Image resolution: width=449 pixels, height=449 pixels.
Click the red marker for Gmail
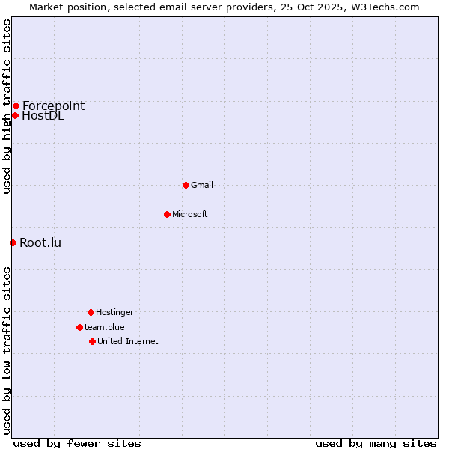click(186, 185)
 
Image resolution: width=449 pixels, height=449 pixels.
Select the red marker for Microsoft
click(167, 214)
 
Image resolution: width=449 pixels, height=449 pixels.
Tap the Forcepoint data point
click(16, 106)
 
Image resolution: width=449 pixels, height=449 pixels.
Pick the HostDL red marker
click(15, 115)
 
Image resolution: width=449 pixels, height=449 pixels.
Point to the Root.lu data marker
click(13, 242)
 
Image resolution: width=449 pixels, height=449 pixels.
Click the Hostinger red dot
click(91, 312)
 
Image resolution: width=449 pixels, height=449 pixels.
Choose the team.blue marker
click(79, 327)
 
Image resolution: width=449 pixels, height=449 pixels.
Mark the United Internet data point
click(92, 341)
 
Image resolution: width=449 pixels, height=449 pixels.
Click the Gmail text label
click(202, 185)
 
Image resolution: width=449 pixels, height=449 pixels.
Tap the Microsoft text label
click(190, 214)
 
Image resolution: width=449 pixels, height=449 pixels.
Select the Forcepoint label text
click(53, 106)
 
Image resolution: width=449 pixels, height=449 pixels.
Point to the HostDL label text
click(43, 115)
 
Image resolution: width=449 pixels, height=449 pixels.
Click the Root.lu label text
click(40, 242)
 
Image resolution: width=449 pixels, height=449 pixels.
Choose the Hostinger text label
click(114, 312)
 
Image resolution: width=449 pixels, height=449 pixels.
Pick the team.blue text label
click(105, 327)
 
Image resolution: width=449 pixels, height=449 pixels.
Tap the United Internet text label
click(128, 341)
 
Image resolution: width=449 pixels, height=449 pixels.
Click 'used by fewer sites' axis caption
click(77, 443)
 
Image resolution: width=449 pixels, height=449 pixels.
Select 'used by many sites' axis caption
click(376, 443)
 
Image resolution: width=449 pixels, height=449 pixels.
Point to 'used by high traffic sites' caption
click(7, 106)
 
